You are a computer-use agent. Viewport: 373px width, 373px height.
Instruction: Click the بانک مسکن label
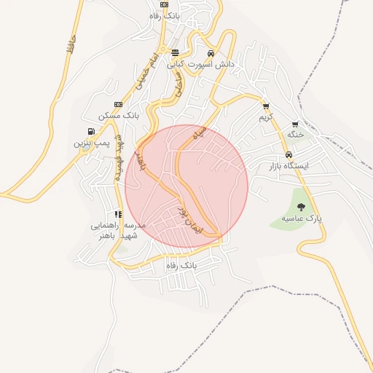click(x=118, y=116)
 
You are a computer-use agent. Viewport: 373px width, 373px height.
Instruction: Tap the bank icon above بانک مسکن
click(x=118, y=105)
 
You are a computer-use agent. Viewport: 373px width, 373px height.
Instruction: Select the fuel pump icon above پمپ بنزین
click(x=90, y=132)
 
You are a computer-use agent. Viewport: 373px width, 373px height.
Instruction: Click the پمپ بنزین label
click(x=90, y=143)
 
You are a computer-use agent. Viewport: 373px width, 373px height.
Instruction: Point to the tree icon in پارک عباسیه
click(x=302, y=208)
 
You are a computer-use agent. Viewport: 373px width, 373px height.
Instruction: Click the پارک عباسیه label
click(x=302, y=218)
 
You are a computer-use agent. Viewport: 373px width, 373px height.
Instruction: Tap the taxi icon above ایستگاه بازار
click(x=289, y=155)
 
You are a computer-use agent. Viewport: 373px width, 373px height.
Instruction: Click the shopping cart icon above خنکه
click(x=295, y=125)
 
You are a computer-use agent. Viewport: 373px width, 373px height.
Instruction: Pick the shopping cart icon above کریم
click(x=266, y=106)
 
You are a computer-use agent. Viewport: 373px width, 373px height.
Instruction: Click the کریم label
click(x=266, y=117)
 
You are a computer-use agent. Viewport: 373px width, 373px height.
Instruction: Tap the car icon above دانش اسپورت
click(x=211, y=53)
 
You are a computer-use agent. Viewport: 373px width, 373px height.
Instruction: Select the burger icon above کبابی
click(x=175, y=53)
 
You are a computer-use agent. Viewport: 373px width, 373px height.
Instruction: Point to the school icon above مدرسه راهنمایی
click(x=118, y=214)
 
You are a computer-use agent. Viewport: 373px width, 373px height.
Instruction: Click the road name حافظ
click(x=71, y=53)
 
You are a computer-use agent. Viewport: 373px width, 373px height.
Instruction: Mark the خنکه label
click(x=295, y=136)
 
